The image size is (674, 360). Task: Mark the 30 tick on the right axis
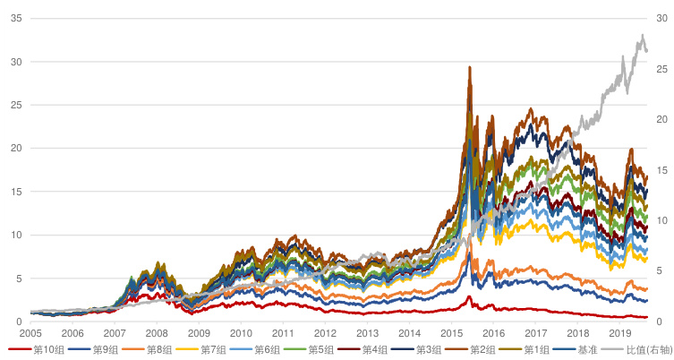tap(661, 18)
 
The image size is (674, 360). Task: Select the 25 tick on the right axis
tap(661, 69)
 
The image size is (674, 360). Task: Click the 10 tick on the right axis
tap(661, 220)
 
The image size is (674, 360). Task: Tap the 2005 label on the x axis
tap(30, 332)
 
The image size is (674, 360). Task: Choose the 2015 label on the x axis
tap(451, 332)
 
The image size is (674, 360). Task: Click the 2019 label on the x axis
tap(619, 332)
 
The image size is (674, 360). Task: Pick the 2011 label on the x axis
tap(283, 332)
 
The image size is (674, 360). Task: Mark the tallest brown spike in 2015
tap(469, 67)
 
